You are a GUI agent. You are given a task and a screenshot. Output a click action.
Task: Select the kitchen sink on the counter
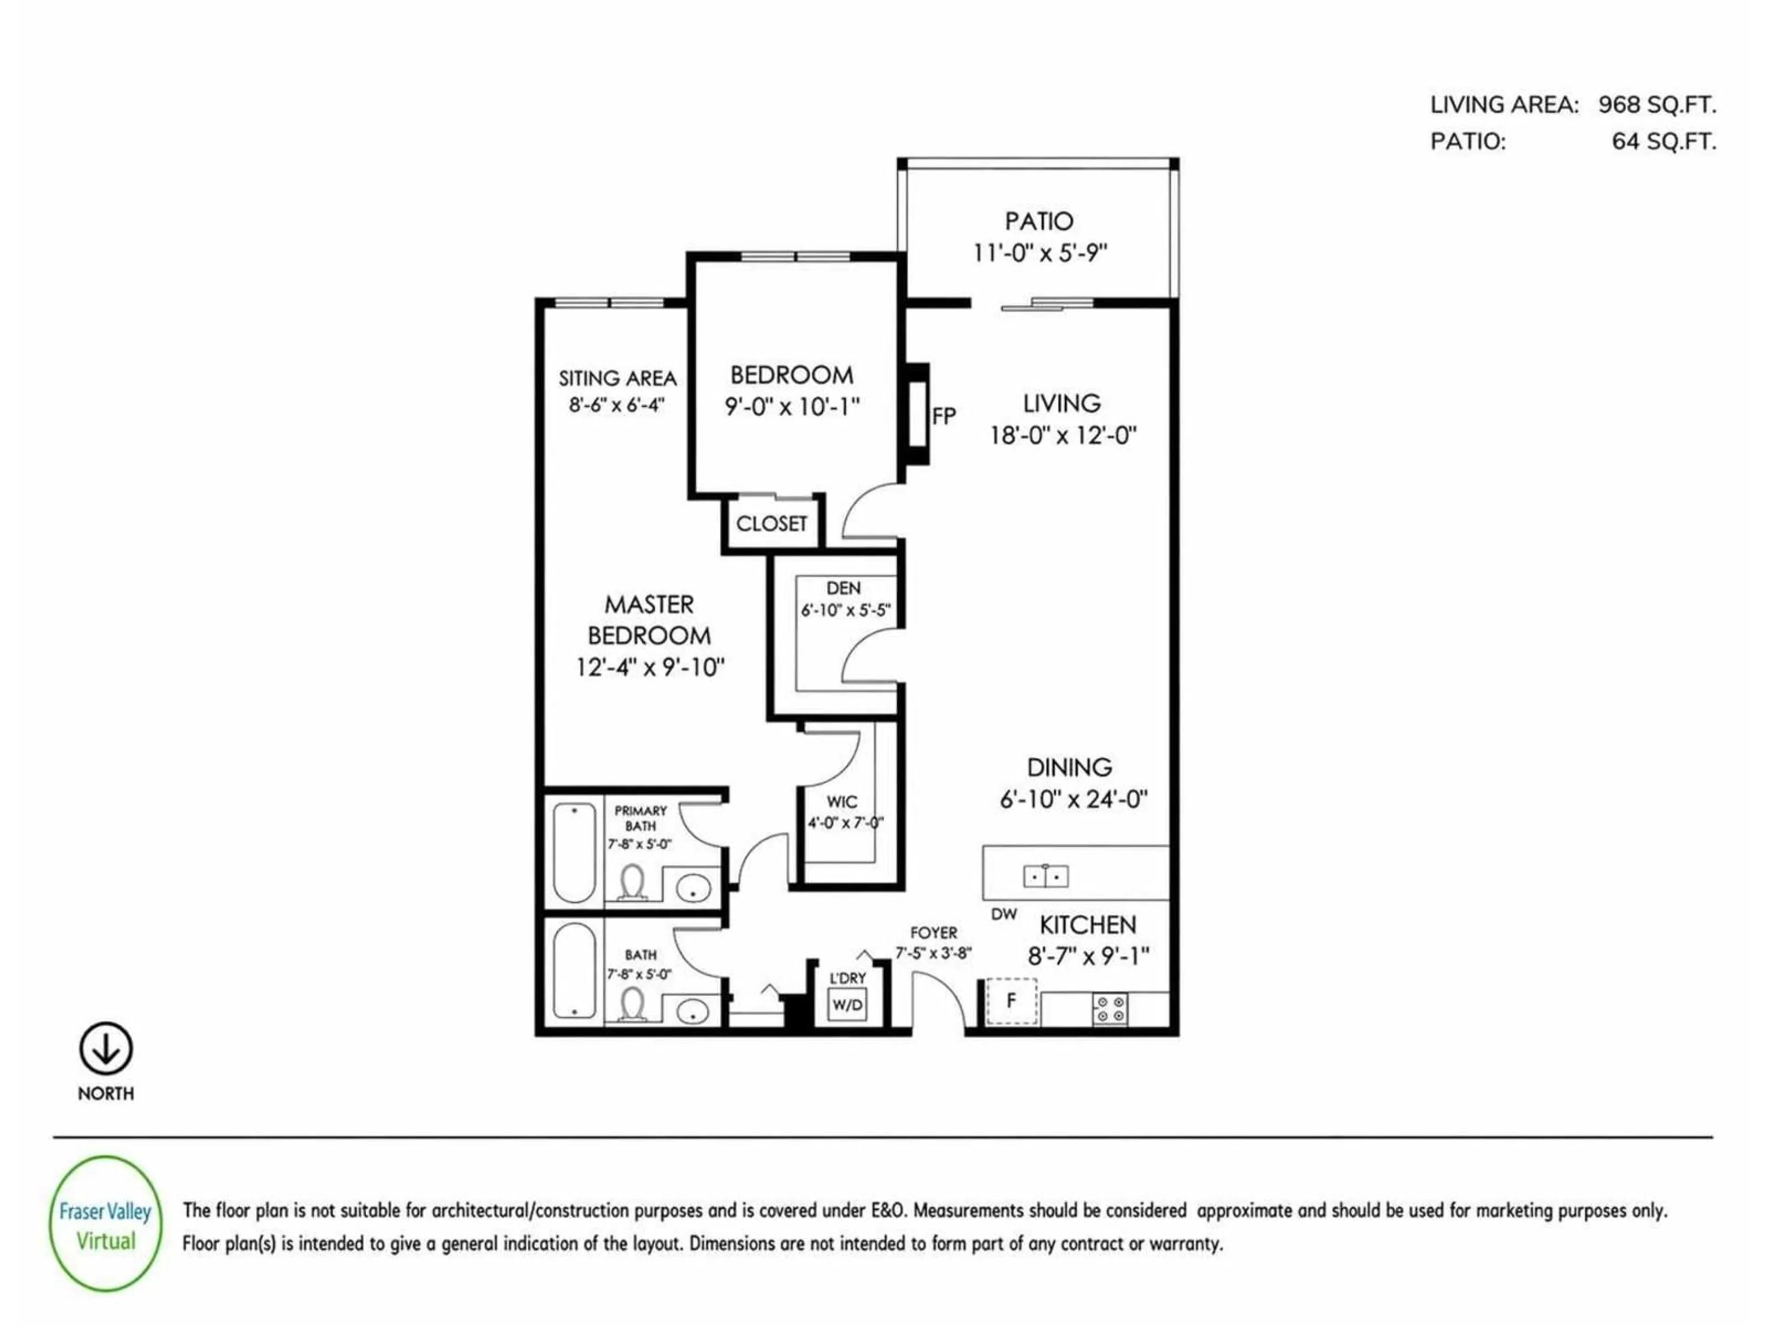coord(1045,877)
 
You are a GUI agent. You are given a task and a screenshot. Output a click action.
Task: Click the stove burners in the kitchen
coord(1109,1009)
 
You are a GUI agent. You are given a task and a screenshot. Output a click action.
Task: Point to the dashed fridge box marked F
coord(1011,1000)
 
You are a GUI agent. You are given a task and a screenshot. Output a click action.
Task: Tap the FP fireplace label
coord(943,416)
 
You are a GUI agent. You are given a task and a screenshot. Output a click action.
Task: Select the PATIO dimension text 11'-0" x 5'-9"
coord(1039,253)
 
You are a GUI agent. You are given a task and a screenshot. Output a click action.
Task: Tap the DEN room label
coord(843,588)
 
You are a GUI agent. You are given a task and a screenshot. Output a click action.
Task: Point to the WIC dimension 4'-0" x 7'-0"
coord(845,822)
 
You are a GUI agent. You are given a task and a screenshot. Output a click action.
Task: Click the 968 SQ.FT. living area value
coord(1657,105)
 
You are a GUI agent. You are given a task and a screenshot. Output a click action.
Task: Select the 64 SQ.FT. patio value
coord(1663,141)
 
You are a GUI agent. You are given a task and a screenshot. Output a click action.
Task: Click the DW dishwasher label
coord(1004,913)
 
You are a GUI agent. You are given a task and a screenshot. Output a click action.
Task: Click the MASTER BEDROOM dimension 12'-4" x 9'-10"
coord(649,667)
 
